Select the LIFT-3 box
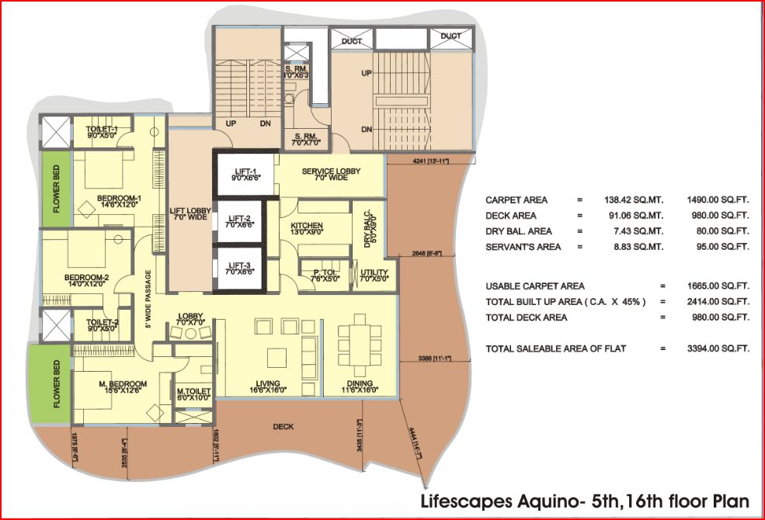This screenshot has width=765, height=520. point(238,268)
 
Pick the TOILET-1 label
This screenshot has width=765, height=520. point(101,129)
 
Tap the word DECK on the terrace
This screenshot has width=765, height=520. point(283,427)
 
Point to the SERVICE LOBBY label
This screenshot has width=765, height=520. point(329,171)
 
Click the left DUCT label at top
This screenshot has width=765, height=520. point(351,41)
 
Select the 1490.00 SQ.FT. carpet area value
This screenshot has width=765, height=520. point(718,199)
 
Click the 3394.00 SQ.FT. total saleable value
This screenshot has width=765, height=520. point(718,348)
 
